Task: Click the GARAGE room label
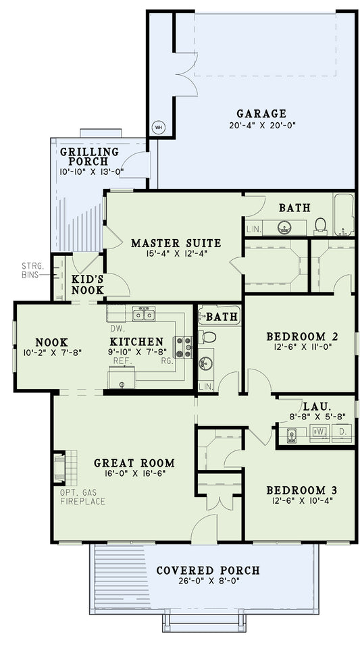[261, 113]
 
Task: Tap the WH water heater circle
[159, 127]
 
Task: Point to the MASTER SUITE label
[176, 242]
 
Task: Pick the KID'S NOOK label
[88, 284]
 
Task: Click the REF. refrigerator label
[122, 361]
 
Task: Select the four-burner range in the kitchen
[183, 346]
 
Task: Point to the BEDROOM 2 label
[302, 336]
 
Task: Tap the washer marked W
[319, 433]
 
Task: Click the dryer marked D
[342, 433]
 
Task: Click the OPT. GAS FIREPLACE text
[82, 497]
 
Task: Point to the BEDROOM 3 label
[302, 490]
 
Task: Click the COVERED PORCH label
[207, 570]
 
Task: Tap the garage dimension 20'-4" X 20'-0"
[261, 125]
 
